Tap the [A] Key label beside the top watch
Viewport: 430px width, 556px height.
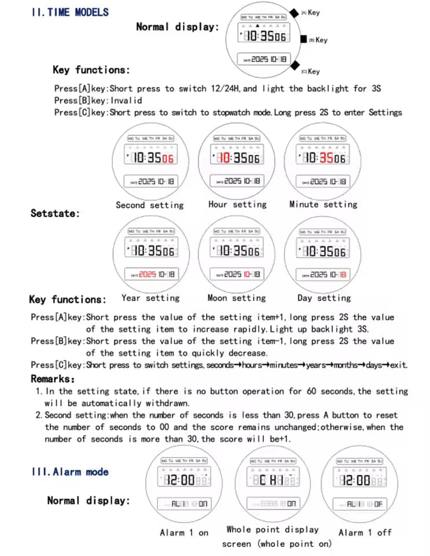tap(311, 12)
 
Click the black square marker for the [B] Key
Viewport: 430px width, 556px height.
tap(303, 39)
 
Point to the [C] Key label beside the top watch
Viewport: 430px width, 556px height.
tap(311, 71)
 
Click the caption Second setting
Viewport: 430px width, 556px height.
tap(149, 205)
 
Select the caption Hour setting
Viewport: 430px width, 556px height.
tap(237, 204)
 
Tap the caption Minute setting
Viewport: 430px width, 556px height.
tap(324, 204)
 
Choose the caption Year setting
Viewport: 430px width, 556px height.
tap(150, 298)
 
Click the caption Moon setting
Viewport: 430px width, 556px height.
tap(237, 298)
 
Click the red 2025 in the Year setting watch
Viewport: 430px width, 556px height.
tap(148, 274)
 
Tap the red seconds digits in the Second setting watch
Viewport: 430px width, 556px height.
tap(168, 159)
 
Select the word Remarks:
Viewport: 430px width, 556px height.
tap(53, 379)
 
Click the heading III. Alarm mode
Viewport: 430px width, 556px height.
tap(70, 472)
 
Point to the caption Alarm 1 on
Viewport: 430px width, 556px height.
tap(184, 532)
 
